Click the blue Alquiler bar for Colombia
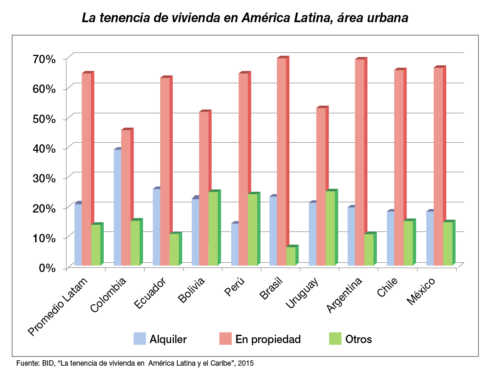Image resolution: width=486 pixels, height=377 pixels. [117, 207]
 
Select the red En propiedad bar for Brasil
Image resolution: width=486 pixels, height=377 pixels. [281, 162]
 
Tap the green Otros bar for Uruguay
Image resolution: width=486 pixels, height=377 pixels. [330, 228]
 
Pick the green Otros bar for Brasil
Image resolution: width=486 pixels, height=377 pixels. [291, 256]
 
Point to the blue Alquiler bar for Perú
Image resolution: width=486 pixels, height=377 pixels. [235, 244]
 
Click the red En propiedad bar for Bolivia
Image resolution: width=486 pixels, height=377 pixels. [203, 188]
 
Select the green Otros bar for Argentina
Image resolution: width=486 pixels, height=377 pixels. [369, 249]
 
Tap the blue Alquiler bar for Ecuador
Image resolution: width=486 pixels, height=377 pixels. [156, 227]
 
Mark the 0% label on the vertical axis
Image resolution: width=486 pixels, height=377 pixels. [47, 268]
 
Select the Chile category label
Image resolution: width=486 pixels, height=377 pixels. [388, 287]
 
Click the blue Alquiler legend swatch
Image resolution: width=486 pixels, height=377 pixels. [140, 339]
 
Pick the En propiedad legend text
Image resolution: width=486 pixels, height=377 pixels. [268, 339]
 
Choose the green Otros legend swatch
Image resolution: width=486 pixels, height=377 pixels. [335, 339]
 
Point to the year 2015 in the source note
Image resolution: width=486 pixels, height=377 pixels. [246, 363]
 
